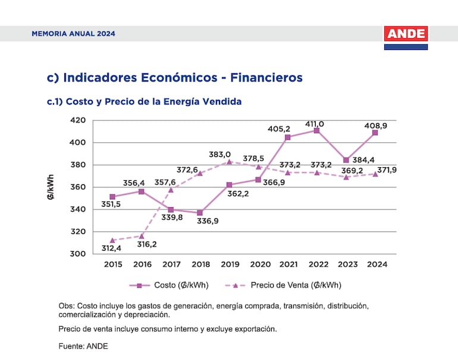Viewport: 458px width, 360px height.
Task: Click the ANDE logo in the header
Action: point(406,35)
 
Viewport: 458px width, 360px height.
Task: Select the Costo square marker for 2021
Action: point(287,137)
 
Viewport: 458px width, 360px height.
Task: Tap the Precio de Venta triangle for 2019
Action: point(229,162)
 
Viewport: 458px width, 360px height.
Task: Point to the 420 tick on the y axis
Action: point(79,120)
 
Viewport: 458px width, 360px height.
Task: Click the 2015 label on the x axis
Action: point(112,264)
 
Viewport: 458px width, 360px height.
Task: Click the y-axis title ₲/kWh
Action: point(51,187)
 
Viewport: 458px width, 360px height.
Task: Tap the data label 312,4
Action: point(111,248)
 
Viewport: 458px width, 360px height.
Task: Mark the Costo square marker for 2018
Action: point(200,212)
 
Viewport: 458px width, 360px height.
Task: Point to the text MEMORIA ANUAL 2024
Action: point(73,34)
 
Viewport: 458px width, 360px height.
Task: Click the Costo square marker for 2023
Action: point(346,160)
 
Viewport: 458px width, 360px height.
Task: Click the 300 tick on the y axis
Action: point(79,254)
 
